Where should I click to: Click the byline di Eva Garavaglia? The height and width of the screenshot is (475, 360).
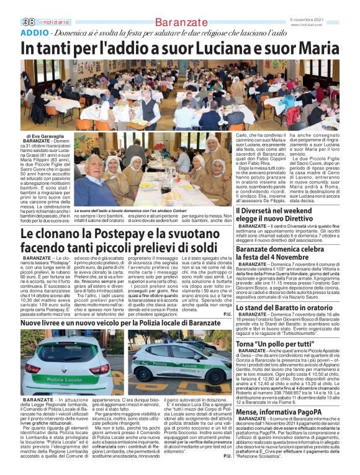(45, 135)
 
